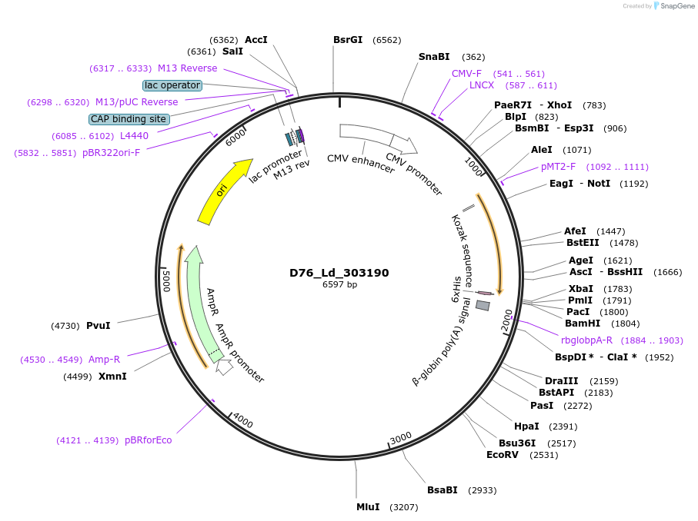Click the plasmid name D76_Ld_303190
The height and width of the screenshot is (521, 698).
(339, 273)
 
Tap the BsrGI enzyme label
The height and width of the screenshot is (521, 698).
(348, 40)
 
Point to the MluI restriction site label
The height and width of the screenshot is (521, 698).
(368, 507)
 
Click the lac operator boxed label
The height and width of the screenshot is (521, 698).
(172, 85)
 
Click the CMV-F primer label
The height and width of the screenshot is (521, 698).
(466, 74)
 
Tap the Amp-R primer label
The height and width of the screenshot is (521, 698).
(104, 360)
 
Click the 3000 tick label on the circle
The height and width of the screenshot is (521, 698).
(401, 439)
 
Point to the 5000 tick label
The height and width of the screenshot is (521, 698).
(165, 280)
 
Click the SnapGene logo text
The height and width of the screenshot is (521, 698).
(674, 6)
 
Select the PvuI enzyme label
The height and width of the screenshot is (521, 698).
(98, 326)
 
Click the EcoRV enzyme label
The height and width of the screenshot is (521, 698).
(503, 455)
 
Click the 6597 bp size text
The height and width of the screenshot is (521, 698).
(339, 285)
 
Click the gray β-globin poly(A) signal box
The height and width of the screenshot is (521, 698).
(483, 305)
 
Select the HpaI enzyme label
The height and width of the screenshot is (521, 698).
(526, 426)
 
